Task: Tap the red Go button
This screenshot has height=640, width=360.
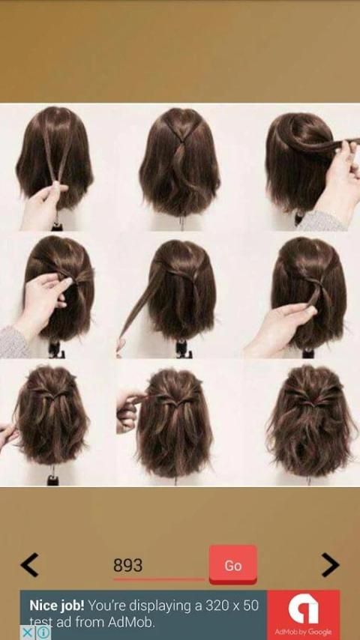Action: pyautogui.click(x=233, y=565)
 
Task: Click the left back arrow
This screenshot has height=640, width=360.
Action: pyautogui.click(x=29, y=565)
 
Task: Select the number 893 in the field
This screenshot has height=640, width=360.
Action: pyautogui.click(x=128, y=565)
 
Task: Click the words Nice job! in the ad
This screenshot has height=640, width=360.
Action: pyautogui.click(x=57, y=605)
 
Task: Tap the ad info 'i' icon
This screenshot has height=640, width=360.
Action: pyautogui.click(x=43, y=633)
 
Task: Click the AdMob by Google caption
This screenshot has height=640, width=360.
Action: pyautogui.click(x=303, y=633)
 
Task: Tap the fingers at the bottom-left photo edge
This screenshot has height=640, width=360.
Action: pyautogui.click(x=8, y=436)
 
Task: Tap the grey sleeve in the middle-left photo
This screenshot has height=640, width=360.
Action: pyautogui.click(x=14, y=342)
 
